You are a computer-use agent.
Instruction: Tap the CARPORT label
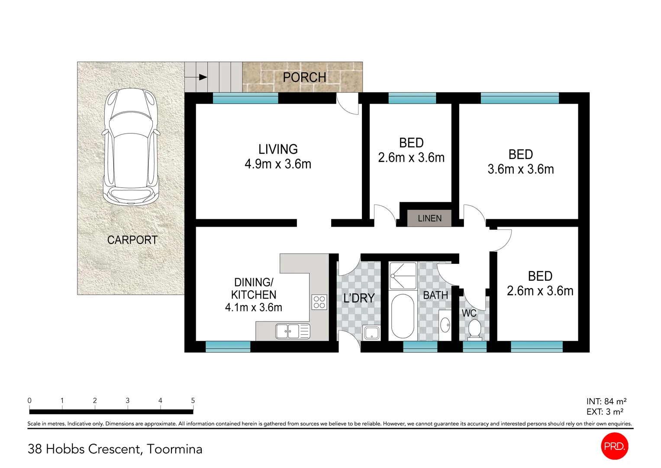[x=132, y=240]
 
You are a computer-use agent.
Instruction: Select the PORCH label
[x=304, y=78]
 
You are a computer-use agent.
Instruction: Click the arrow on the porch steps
[x=202, y=78]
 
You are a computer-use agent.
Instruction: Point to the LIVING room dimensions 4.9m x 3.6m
[x=278, y=164]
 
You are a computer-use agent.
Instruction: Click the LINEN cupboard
[x=429, y=218]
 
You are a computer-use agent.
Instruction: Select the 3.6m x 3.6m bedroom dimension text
[x=521, y=169]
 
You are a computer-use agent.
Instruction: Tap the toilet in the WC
[x=474, y=330]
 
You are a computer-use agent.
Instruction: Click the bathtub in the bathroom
[x=403, y=316]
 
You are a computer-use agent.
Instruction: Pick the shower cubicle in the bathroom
[x=403, y=276]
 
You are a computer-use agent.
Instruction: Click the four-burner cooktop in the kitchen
[x=319, y=302]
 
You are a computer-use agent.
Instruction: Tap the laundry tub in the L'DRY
[x=371, y=333]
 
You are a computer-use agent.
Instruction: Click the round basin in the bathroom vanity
[x=445, y=324]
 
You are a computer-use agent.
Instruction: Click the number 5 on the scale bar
[x=193, y=401]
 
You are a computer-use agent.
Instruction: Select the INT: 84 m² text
[x=606, y=402]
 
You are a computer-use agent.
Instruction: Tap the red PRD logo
[x=614, y=446]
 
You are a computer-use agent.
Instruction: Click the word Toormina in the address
[x=174, y=449]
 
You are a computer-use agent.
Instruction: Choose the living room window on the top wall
[x=245, y=98]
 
